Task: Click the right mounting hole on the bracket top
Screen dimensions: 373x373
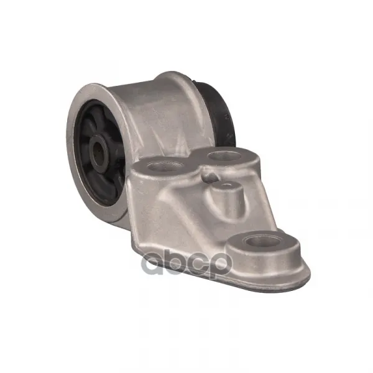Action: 224,156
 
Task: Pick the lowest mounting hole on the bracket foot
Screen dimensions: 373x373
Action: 262,242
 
